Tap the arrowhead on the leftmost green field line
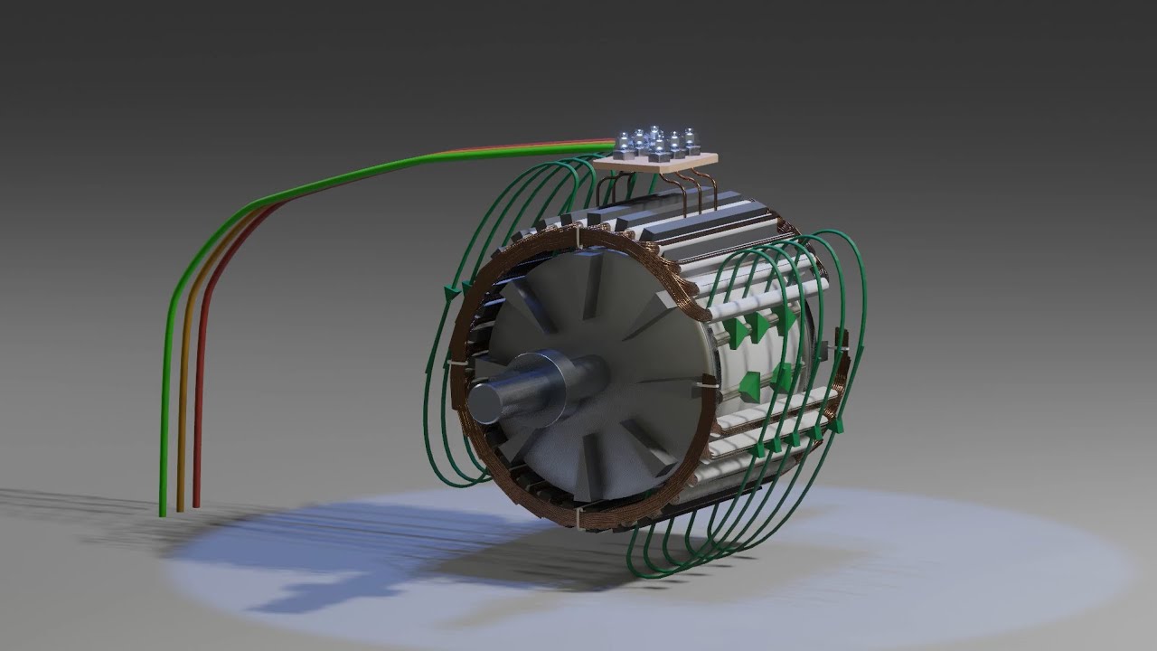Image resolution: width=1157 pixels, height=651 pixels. (449, 292)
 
